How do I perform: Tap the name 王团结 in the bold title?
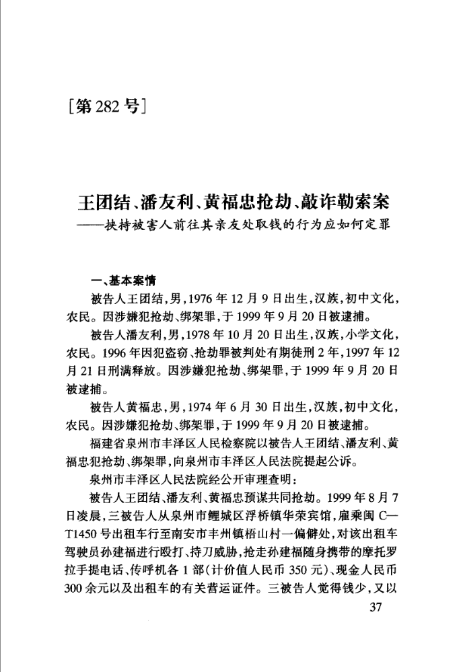click(100, 201)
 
